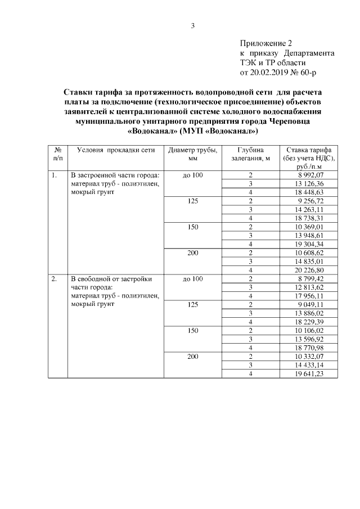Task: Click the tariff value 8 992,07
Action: coord(310,175)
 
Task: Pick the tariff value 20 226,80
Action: coord(309,269)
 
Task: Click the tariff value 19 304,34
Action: coord(309,244)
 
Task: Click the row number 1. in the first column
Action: coord(55,175)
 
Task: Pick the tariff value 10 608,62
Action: coord(309,253)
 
